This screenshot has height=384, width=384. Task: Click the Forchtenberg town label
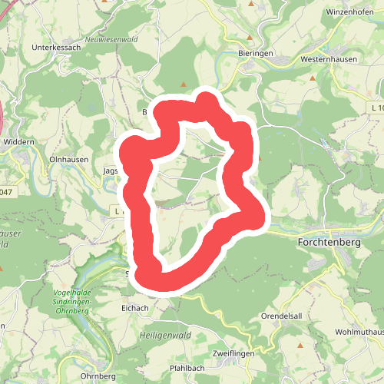[327, 240]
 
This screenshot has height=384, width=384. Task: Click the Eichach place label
[134, 307]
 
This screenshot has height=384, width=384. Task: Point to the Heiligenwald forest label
[165, 335]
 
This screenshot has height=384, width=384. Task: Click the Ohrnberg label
[98, 376]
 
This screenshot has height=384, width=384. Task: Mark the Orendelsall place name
[305, 314]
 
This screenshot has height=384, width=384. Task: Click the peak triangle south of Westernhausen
[313, 78]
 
